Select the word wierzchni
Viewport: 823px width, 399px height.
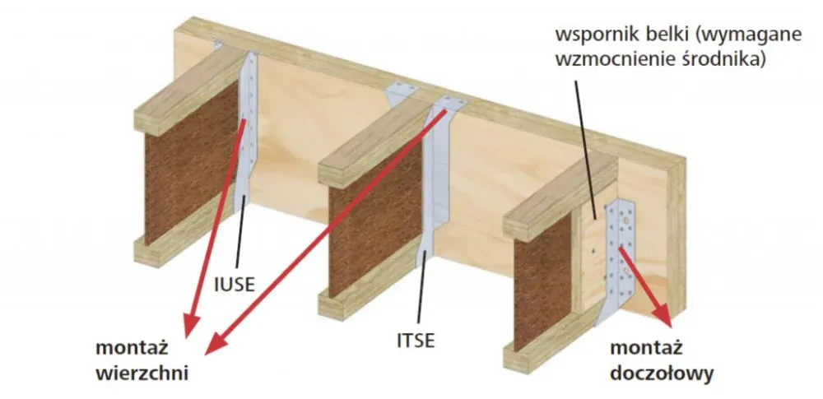[142, 372]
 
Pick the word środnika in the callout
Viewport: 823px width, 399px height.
[728, 59]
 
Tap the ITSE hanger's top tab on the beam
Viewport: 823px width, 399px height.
[449, 103]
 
